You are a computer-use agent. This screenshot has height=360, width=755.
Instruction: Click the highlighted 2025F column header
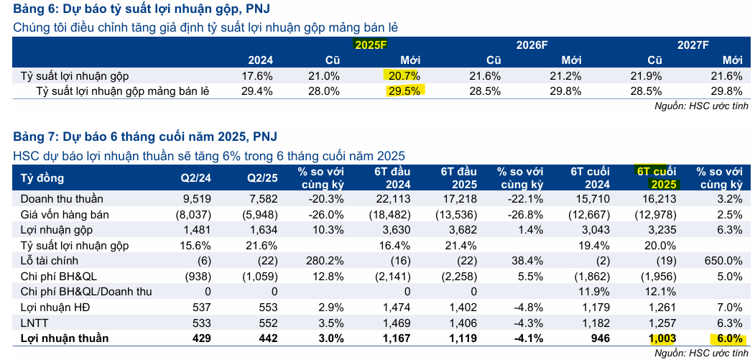click(371, 44)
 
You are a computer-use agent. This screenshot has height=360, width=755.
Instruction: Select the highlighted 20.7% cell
click(404, 75)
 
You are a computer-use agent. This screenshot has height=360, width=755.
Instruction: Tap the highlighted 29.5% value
click(404, 91)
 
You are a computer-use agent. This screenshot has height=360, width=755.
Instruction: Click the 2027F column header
click(693, 44)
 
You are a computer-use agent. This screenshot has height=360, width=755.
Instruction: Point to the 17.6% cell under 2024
click(258, 75)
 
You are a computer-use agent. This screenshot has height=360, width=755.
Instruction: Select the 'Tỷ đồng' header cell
click(42, 178)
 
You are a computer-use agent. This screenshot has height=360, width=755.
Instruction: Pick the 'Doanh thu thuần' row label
click(62, 198)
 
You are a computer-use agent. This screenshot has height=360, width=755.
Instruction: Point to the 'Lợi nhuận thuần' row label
click(65, 338)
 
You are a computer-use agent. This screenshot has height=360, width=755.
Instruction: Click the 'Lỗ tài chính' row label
click(50, 261)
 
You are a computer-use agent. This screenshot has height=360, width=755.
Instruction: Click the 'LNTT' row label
click(34, 323)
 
